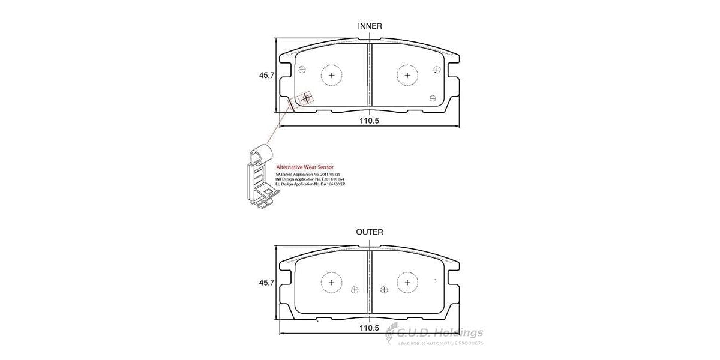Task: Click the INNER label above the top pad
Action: click(370, 26)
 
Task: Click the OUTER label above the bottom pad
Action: click(370, 232)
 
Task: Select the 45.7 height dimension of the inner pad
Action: click(266, 76)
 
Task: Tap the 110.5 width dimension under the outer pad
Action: click(370, 328)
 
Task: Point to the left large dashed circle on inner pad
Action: click(332, 75)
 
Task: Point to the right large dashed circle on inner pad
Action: click(407, 75)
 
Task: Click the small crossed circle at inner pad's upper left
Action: click(302, 69)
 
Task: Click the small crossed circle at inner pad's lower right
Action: click(433, 98)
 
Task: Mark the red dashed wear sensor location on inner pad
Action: click(307, 97)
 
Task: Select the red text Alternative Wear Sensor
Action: click(304, 167)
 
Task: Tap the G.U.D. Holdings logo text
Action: click(441, 333)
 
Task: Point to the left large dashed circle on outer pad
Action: click(332, 282)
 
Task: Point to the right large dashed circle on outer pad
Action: click(407, 282)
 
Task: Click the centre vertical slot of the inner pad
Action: click(370, 75)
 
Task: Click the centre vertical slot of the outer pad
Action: click(370, 282)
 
